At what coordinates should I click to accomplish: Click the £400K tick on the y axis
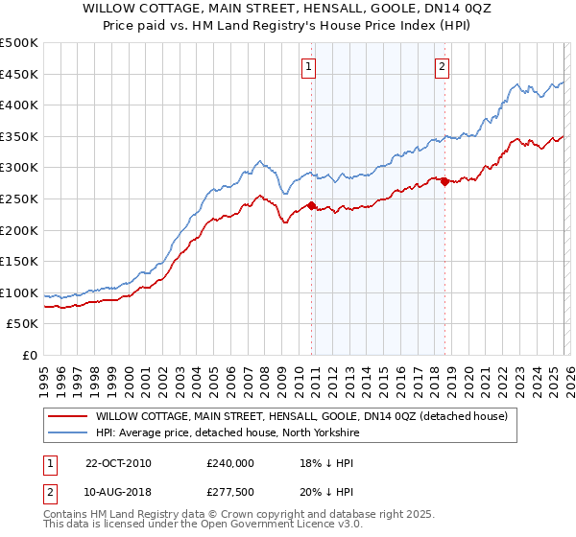(x=18, y=105)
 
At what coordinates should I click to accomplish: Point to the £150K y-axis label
(x=18, y=261)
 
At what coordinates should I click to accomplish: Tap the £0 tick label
(x=28, y=355)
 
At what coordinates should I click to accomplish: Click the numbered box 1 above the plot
(x=308, y=66)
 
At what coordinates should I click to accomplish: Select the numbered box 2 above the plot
(x=442, y=66)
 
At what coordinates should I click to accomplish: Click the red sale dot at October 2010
(x=312, y=205)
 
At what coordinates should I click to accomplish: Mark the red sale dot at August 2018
(x=444, y=182)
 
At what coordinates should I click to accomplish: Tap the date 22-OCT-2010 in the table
(x=118, y=463)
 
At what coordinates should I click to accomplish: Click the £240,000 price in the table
(x=229, y=463)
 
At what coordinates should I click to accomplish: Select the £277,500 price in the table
(x=229, y=492)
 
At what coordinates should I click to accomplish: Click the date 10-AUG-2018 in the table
(x=118, y=492)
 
